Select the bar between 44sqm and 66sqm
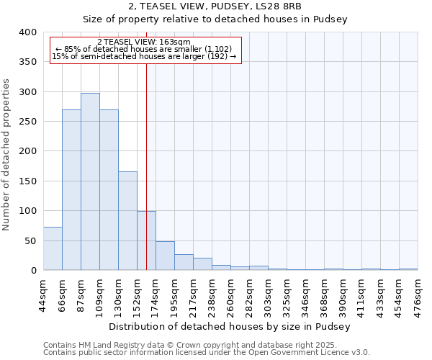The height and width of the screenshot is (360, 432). [53, 248]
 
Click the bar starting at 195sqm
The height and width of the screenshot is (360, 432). [184, 262]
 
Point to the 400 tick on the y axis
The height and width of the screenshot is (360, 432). [27, 32]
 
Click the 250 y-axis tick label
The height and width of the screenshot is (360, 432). [27, 122]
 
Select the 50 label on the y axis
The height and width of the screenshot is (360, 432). [30, 240]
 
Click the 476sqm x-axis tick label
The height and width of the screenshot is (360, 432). [418, 294]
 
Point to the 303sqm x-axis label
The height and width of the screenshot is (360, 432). [268, 294]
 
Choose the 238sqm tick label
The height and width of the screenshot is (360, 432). [212, 294]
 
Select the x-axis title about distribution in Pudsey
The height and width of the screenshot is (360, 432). [230, 326]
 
